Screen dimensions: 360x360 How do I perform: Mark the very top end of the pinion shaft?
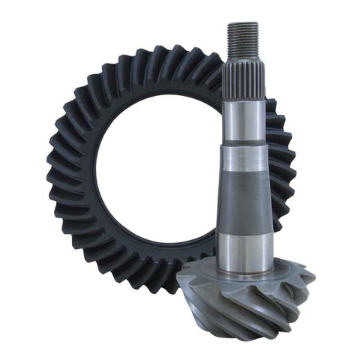coord(243,23)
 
